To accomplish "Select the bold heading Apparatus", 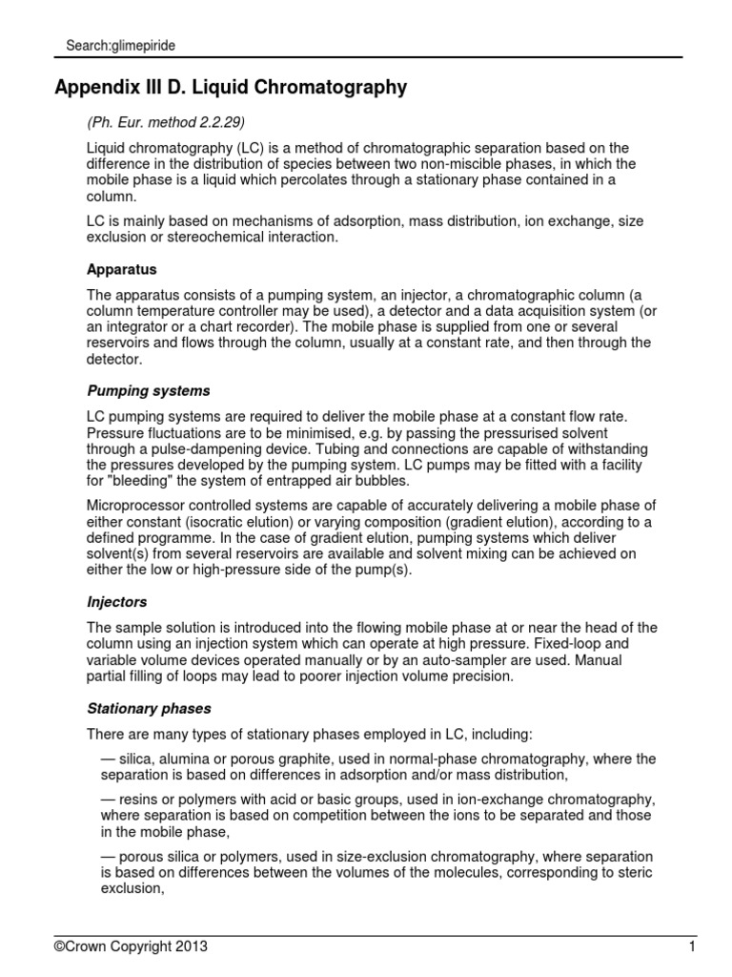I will tap(121, 270).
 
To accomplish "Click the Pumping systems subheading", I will tap(149, 391).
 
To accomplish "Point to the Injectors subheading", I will tap(118, 603).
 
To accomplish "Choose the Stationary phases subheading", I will tap(150, 709).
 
